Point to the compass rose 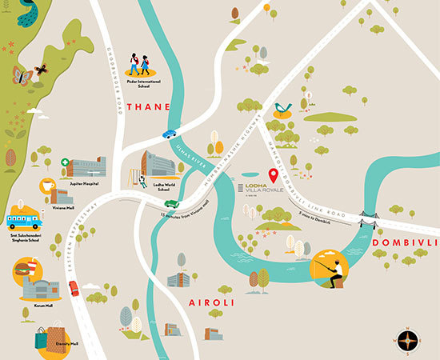coord(408,340)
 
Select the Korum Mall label coord(44,305)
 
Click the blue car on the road coord(170,134)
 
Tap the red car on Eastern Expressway coord(74,288)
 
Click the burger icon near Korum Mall coord(22,272)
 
